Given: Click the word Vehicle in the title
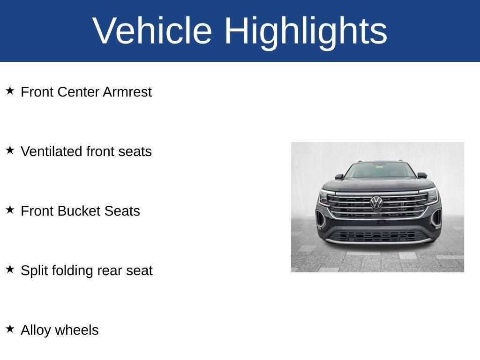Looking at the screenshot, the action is [152, 30].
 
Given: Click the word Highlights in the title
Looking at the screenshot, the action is [306, 33].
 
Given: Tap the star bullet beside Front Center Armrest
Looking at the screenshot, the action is [10, 90].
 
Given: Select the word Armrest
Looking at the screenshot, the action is [127, 92].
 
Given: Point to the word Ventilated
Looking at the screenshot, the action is [52, 151].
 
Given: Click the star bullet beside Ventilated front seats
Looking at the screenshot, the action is [10, 150].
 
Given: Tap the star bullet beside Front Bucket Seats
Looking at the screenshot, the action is [10, 210].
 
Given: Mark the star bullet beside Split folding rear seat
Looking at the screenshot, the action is [10, 269].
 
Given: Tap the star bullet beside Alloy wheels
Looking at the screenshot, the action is [10, 329].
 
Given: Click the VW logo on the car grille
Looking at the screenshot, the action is [376, 202].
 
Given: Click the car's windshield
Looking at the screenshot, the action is [380, 171].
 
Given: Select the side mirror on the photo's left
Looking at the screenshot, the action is [339, 176].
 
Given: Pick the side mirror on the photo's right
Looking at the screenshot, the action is [422, 175].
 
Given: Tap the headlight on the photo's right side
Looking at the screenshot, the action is [432, 195].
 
